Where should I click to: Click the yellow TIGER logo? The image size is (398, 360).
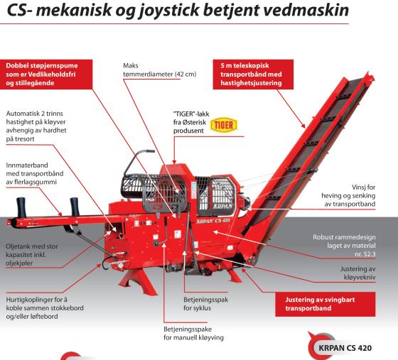(x=224, y=125)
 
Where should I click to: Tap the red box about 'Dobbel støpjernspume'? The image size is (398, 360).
(x=46, y=75)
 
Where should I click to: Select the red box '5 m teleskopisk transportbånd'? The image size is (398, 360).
(x=253, y=75)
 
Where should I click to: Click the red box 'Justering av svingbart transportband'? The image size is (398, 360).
(x=326, y=304)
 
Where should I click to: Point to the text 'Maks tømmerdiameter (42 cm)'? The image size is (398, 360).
(x=160, y=70)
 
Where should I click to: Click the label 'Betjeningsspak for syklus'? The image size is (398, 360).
(x=205, y=304)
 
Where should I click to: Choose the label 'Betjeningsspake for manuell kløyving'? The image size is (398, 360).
(x=193, y=334)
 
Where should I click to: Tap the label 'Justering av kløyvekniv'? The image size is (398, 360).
(x=358, y=273)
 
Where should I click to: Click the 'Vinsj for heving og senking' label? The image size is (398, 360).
(x=348, y=195)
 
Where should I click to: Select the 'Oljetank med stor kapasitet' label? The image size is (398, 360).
(x=32, y=255)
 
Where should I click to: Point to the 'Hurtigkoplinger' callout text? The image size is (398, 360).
(x=45, y=308)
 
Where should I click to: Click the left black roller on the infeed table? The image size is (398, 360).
(x=21, y=207)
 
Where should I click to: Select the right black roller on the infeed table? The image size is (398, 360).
(x=75, y=207)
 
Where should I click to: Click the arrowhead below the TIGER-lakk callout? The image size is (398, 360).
(x=174, y=162)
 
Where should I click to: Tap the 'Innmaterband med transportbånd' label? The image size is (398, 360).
(x=35, y=174)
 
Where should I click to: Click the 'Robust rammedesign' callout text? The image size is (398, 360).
(x=344, y=246)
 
